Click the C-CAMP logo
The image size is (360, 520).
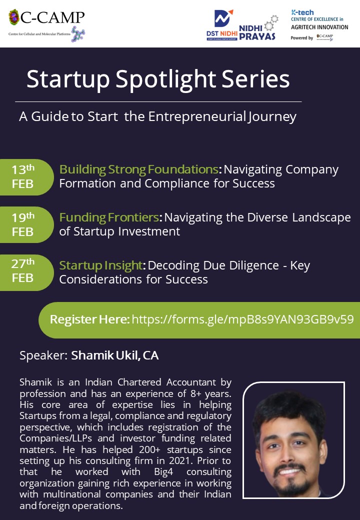click(x=46, y=25)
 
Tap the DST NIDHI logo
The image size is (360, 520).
click(x=222, y=25)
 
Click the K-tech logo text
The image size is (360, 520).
click(x=302, y=12)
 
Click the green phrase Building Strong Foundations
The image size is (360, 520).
click(x=138, y=169)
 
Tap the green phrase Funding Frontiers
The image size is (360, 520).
click(x=109, y=217)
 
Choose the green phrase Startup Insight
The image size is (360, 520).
click(x=101, y=265)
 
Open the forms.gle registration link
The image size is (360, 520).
click(x=242, y=319)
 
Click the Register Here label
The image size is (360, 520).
click(x=89, y=319)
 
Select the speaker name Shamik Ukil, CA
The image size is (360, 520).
click(x=114, y=355)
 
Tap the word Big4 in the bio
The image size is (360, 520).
click(x=163, y=472)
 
